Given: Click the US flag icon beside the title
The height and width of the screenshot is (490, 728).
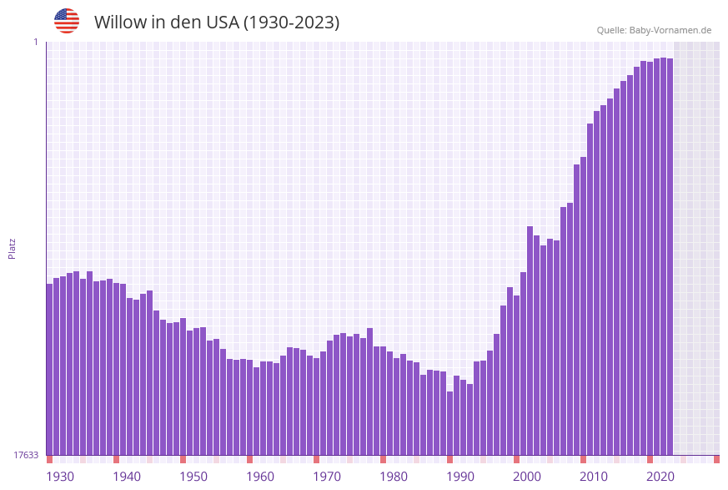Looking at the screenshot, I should [67, 21].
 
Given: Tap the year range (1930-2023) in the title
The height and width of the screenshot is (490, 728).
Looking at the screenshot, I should [291, 23].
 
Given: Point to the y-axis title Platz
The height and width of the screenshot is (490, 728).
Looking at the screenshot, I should [13, 248].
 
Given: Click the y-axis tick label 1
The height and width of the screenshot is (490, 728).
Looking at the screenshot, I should [36, 42].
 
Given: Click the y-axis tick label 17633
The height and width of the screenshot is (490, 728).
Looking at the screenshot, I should [26, 455].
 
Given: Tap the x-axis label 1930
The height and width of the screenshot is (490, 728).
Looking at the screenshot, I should [59, 477].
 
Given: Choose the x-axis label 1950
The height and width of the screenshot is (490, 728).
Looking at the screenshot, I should [193, 477].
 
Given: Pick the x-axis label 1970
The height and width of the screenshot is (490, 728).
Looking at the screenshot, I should [327, 477].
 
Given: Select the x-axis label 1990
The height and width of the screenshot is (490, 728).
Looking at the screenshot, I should [460, 477].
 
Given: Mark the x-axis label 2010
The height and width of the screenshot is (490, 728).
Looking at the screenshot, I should [594, 477].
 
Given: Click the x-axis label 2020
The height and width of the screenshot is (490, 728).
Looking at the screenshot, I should [660, 477].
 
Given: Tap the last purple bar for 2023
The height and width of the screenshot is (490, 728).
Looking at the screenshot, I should [670, 250].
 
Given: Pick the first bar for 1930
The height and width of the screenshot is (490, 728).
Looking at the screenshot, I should [49, 367].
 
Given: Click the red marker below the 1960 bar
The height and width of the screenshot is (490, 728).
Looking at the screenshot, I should [249, 459].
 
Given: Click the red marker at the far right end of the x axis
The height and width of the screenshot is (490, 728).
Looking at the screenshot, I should [716, 459].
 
